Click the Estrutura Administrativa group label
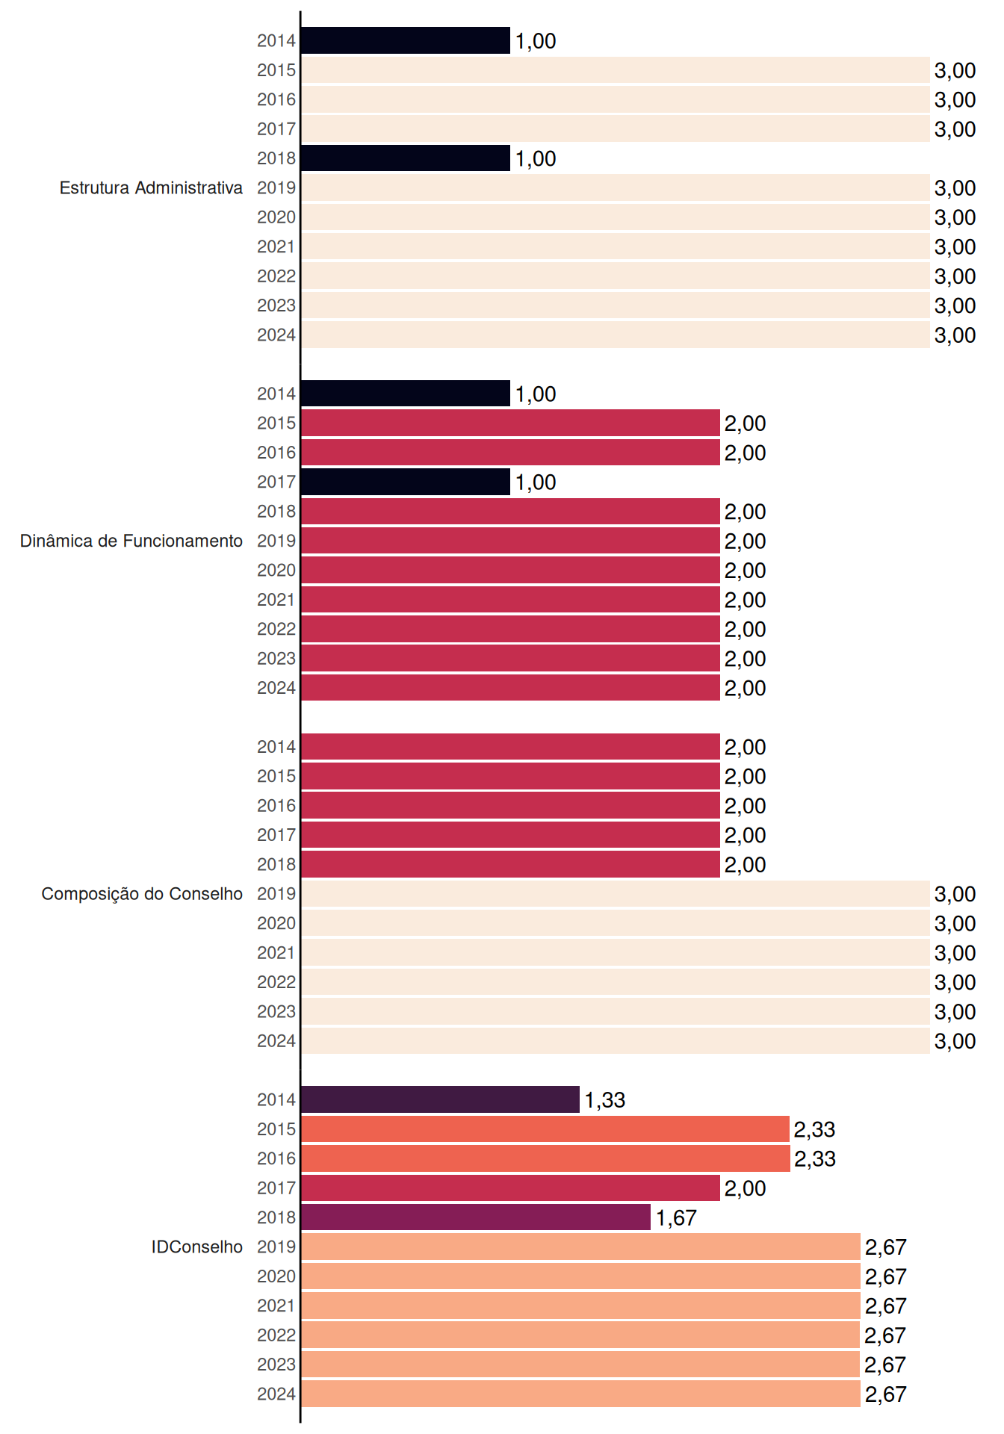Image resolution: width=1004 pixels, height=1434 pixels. click(x=151, y=187)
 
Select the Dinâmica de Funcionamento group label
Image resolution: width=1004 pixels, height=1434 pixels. click(x=131, y=541)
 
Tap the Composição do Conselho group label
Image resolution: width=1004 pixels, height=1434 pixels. click(x=142, y=894)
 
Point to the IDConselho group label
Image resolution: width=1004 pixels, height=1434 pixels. click(x=197, y=1247)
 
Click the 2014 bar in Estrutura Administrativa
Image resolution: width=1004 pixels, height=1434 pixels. click(x=406, y=40)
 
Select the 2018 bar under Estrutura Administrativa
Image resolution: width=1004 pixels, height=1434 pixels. click(x=406, y=158)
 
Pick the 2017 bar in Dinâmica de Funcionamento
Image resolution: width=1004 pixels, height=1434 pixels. click(x=406, y=482)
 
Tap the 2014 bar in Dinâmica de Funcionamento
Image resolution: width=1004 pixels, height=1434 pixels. click(x=406, y=394)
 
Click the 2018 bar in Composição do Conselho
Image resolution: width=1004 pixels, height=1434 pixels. click(x=510, y=864)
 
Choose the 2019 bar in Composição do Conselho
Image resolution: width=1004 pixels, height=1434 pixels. click(x=616, y=894)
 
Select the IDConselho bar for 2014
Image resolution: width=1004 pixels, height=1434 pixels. click(x=440, y=1099)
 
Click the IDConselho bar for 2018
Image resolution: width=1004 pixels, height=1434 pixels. click(x=476, y=1217)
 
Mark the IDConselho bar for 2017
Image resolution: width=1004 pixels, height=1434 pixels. click(x=510, y=1188)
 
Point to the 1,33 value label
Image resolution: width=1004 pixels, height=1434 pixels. click(x=605, y=1100)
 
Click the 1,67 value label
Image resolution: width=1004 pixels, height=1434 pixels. click(x=676, y=1218)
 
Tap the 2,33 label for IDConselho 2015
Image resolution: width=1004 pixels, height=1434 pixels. click(x=814, y=1129)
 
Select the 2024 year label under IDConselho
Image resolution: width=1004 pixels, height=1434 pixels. click(x=276, y=1394)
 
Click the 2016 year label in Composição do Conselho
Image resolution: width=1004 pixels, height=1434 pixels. click(x=276, y=805)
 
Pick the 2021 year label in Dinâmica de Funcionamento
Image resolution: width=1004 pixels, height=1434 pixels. click(x=276, y=600)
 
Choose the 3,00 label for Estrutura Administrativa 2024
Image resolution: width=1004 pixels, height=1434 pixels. click(x=955, y=335)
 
